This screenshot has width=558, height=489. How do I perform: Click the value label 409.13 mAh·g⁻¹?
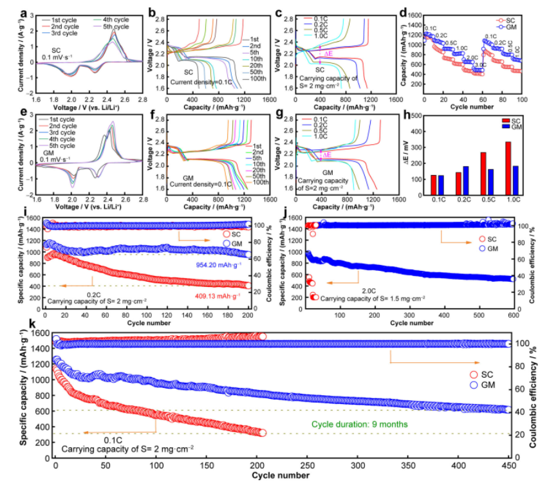219,295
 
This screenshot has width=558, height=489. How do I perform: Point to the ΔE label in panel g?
328,155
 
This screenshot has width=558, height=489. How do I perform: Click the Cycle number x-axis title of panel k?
282,476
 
